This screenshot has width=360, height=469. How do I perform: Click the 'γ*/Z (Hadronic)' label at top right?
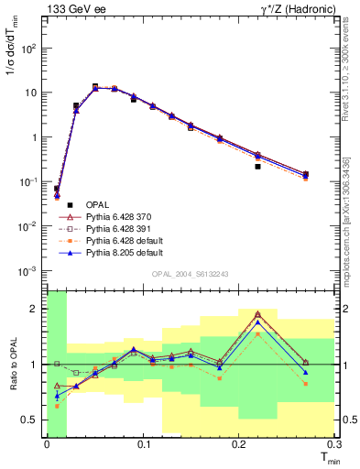(293, 8)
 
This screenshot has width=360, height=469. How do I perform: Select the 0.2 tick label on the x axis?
(240, 443)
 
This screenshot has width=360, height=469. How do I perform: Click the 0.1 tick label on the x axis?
(144, 443)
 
